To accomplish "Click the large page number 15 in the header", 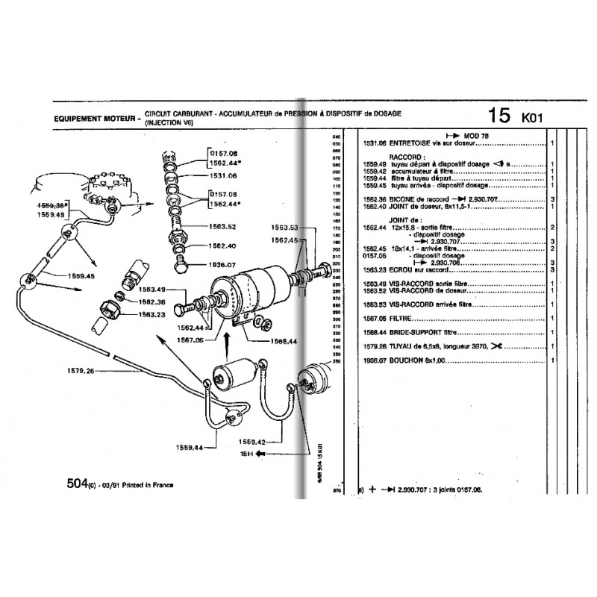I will (x=500, y=116).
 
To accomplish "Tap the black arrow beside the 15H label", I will (x=261, y=453).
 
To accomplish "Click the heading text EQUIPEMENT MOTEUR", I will (x=96, y=118).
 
